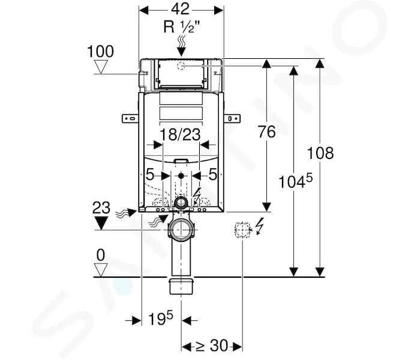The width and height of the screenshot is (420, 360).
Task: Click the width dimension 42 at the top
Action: [x=180, y=9]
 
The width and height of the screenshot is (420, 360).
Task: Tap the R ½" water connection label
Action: [x=182, y=27]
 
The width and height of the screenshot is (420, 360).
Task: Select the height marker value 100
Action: [x=100, y=51]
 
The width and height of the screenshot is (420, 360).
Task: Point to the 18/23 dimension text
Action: [x=180, y=134]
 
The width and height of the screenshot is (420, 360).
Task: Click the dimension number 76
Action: [x=267, y=132]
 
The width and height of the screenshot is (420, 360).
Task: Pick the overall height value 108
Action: [x=320, y=153]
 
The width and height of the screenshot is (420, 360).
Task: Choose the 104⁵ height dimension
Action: [x=295, y=181]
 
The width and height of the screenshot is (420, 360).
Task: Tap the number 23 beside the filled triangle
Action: [x=101, y=208]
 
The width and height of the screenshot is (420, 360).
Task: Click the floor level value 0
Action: [x=101, y=255]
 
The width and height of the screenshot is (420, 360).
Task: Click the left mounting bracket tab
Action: [x=130, y=118]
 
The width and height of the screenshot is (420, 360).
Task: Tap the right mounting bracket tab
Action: [x=232, y=118]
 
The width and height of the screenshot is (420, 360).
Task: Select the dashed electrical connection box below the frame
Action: [x=242, y=229]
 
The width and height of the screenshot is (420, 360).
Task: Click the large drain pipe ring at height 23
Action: [x=181, y=230]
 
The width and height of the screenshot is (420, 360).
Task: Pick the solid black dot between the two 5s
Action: [x=181, y=176]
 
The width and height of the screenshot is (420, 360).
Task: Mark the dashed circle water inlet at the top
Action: [x=181, y=65]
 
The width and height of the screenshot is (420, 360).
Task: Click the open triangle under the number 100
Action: [x=101, y=67]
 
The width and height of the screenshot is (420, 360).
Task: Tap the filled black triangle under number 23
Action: [x=101, y=223]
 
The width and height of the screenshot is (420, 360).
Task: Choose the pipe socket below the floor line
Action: [x=182, y=286]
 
